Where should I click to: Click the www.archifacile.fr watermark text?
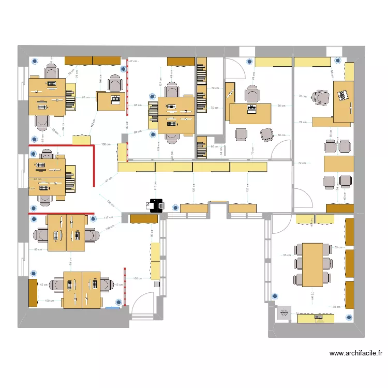pos(356,354)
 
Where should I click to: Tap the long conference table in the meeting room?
pos(312,264)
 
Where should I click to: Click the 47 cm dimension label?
pos(133,62)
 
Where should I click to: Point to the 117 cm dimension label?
pos(108,218)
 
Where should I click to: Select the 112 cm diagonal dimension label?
pos(93,125)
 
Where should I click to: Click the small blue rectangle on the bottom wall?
pos(112,308)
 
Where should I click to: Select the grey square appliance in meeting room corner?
pos(284,313)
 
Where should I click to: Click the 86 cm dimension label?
pos(85,98)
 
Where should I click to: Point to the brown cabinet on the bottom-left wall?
pos(33,292)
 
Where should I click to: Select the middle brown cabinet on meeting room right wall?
pos(349,263)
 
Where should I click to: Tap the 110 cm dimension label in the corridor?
pos(156,185)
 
